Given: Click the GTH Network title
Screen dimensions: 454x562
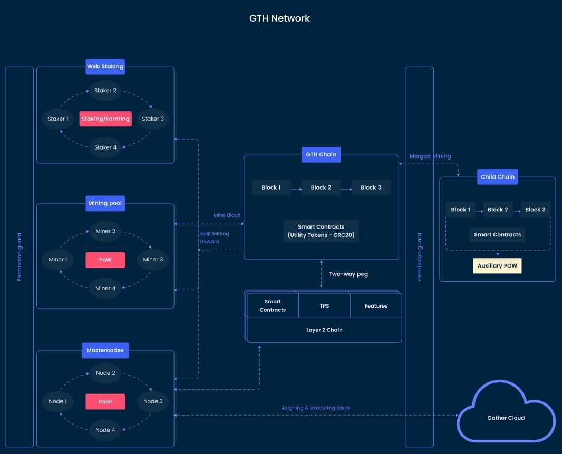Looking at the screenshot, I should (x=279, y=18).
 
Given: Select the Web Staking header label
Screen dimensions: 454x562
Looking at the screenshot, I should (x=105, y=66).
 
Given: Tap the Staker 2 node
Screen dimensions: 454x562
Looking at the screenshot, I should (x=105, y=91).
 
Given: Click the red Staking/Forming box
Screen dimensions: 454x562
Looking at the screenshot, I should (x=105, y=119).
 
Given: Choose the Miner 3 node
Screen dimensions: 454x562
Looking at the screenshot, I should (x=153, y=259).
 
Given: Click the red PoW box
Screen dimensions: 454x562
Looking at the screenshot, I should (x=105, y=260).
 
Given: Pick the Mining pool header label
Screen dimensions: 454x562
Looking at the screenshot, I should (x=105, y=203).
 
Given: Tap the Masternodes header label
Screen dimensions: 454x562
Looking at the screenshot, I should (x=105, y=350).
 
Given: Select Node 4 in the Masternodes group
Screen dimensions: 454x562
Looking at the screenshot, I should (x=105, y=430).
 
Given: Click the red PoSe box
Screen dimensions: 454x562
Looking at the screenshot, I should (x=105, y=401).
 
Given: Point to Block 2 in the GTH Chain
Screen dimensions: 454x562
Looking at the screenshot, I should (x=321, y=187).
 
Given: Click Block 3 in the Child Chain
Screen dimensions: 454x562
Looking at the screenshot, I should (x=535, y=210).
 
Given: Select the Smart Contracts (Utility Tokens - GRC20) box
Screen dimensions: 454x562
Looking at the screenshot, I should (x=321, y=231).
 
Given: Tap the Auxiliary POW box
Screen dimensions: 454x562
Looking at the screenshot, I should (x=497, y=266).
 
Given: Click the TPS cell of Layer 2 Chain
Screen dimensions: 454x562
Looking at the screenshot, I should (x=324, y=305).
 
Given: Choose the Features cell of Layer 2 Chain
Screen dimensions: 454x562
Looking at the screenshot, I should (x=376, y=305).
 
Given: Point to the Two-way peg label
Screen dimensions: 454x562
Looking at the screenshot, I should (x=348, y=274).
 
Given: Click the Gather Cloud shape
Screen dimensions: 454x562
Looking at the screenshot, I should (x=506, y=418).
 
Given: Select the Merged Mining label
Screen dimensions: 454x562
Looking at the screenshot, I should (x=430, y=156).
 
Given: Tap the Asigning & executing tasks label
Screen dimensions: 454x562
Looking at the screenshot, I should (x=315, y=408).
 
